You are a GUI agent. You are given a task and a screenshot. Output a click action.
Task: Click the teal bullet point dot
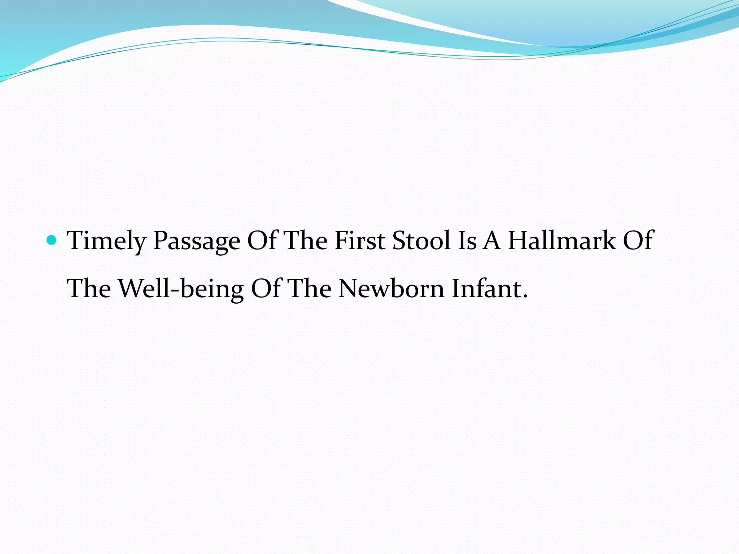(x=52, y=239)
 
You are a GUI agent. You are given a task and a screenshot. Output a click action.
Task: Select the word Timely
(x=106, y=241)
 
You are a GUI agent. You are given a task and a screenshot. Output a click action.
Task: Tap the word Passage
(x=197, y=241)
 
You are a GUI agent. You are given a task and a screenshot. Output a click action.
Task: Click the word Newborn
(x=392, y=289)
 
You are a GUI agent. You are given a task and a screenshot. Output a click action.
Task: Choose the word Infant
(x=485, y=289)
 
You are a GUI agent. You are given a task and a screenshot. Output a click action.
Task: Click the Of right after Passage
(x=262, y=240)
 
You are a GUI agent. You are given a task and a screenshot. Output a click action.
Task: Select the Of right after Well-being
(x=266, y=289)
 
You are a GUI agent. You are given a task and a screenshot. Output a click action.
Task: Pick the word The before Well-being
(x=89, y=289)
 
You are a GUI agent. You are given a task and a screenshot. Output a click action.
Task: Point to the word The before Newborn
(x=310, y=289)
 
